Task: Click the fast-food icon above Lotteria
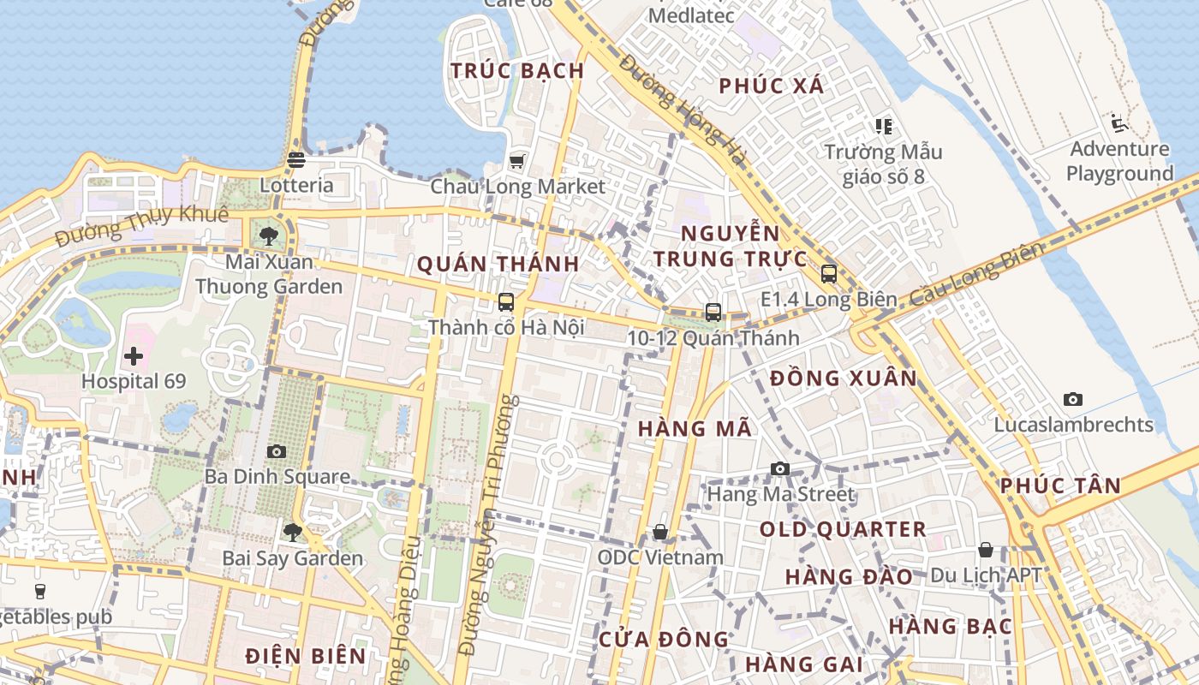pyautogui.click(x=296, y=160)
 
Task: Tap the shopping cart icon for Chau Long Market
pyautogui.click(x=516, y=161)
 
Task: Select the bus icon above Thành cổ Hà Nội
pyautogui.click(x=506, y=301)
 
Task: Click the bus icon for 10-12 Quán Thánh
pyautogui.click(x=713, y=313)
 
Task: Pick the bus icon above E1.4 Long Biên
pyautogui.click(x=828, y=274)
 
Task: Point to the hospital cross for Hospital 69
pyautogui.click(x=134, y=355)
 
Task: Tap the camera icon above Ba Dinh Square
pyautogui.click(x=277, y=451)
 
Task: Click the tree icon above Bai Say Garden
pyautogui.click(x=292, y=533)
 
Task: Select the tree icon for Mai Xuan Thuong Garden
pyautogui.click(x=269, y=235)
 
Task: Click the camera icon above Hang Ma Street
pyautogui.click(x=779, y=468)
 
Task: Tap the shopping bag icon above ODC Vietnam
pyautogui.click(x=660, y=532)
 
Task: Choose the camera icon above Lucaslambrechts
pyautogui.click(x=1072, y=399)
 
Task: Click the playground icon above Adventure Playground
pyautogui.click(x=1118, y=124)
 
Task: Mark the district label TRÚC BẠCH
pyautogui.click(x=517, y=71)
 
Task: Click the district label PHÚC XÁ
pyautogui.click(x=771, y=86)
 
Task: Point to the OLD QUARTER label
pyautogui.click(x=843, y=529)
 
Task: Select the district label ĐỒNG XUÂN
pyautogui.click(x=843, y=378)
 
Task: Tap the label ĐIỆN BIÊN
pyautogui.click(x=306, y=656)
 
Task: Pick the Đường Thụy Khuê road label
pyautogui.click(x=142, y=224)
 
